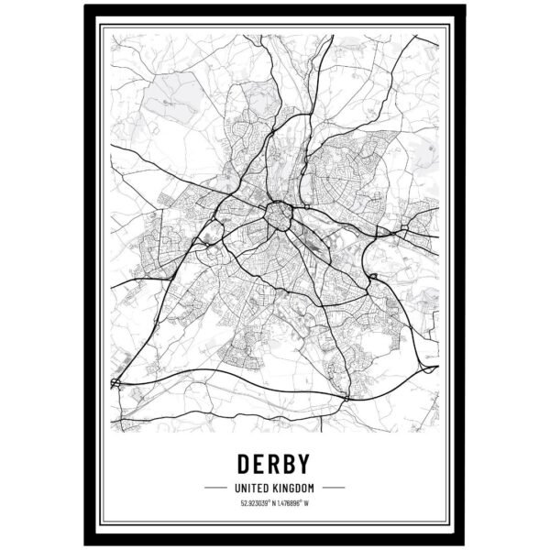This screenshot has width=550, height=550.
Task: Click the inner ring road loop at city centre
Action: (278, 216)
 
